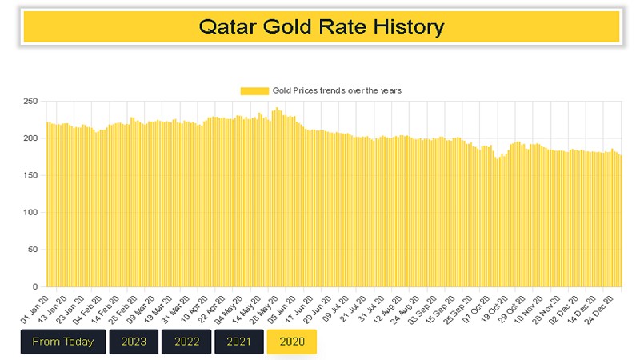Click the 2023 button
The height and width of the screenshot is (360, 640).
point(134,342)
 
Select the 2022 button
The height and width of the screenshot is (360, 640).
point(186,342)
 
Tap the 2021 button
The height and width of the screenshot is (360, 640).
point(239,342)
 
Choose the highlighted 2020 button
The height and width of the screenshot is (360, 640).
point(292,342)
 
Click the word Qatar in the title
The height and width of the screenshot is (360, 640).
point(226,26)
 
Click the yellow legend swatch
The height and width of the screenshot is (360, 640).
point(254,90)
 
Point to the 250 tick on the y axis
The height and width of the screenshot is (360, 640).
point(31,101)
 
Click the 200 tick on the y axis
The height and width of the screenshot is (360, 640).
point(31,138)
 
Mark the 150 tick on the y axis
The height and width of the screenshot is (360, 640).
point(31,175)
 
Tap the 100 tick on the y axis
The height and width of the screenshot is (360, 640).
point(31,212)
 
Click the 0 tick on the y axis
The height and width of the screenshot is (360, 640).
point(36,286)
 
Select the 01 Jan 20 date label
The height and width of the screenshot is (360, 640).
point(35,307)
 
